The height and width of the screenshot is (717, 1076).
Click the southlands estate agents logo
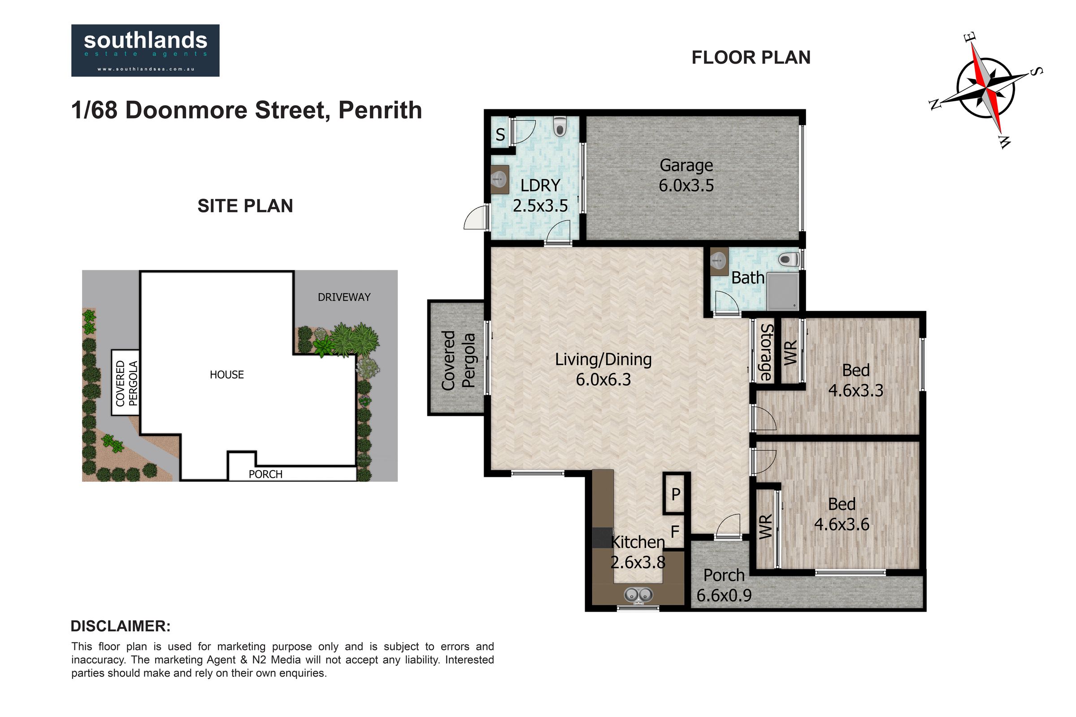tap(145, 50)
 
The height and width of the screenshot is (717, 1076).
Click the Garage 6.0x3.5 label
tap(686, 175)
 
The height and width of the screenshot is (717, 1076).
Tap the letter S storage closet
tap(500, 134)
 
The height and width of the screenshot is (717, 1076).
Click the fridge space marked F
tap(675, 531)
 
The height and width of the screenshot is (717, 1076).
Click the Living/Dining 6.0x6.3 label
tap(603, 369)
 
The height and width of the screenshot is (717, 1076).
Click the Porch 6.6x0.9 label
tap(724, 585)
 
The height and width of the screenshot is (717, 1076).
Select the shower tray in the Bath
tap(783, 291)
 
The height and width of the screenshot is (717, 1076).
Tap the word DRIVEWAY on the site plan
tap(344, 297)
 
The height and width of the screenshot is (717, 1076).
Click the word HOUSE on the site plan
tap(226, 375)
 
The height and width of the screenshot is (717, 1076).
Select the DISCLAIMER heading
tap(121, 626)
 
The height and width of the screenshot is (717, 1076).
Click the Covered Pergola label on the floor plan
tap(458, 360)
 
